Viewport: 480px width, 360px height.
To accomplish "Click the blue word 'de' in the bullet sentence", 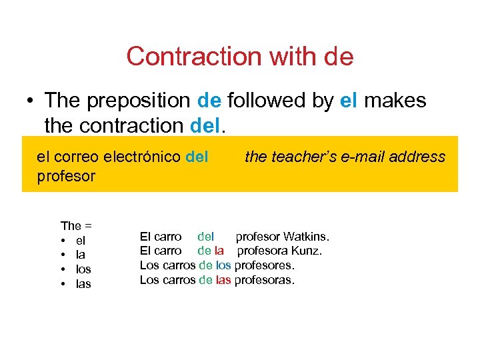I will pos(210,101).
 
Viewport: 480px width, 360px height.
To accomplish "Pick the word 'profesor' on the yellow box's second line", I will pos(66,176).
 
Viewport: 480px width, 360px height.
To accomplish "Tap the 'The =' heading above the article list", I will pos(76,226).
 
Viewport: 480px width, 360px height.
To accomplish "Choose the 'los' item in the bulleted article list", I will pos(83,269).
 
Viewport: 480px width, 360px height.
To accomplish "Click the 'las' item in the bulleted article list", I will pos(83,284).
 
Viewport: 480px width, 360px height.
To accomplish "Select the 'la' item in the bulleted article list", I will pos(81,255).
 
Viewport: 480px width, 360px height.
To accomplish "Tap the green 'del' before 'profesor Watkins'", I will pos(206,237).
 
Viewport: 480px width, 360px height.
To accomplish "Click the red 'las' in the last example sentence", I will pos(223,280).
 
